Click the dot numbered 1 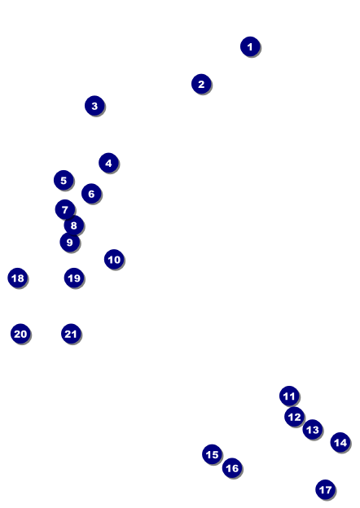coord(250,46)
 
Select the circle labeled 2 coord(201,84)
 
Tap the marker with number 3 coord(94,106)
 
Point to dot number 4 coord(108,163)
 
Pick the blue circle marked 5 coord(64,180)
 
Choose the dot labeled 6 coord(91,194)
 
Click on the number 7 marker coord(65,209)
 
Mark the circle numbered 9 coord(70,243)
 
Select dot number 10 coord(114,260)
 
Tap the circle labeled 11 coord(289,396)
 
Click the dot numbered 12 coord(295,417)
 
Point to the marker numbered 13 coord(313,430)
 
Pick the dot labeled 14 coord(340,442)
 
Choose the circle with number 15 coord(212,454)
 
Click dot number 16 coord(232,468)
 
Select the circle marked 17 coord(325,489)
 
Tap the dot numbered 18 coord(18,278)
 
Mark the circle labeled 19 coord(74,278)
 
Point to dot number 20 coord(20,334)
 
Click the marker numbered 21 coord(71,334)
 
